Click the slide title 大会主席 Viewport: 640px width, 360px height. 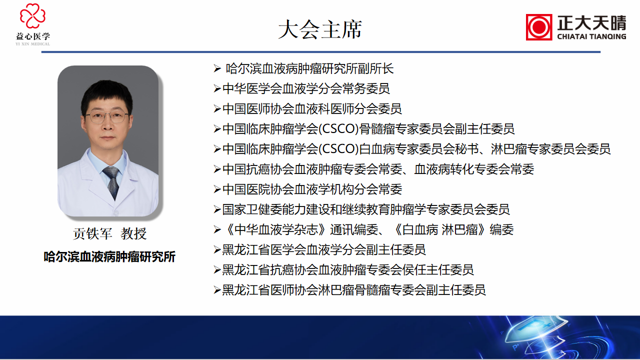point(320,29)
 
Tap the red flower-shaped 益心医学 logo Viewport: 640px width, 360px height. point(33,16)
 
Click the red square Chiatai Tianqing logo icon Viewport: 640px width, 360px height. point(539,27)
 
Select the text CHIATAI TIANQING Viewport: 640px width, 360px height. point(591,36)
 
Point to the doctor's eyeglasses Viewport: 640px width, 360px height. point(107,118)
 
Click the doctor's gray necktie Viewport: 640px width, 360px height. point(112,182)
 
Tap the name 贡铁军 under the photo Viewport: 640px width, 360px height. point(93,234)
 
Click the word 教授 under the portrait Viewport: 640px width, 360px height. point(133,234)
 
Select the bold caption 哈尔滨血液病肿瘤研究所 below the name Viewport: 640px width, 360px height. point(109,257)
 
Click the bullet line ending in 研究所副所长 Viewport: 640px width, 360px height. point(309,69)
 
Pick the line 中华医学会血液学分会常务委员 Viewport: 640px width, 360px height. point(306,89)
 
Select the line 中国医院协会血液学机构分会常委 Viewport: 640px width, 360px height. point(312,189)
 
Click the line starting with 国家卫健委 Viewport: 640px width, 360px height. point(366,209)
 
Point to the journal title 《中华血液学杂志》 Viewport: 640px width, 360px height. point(276,229)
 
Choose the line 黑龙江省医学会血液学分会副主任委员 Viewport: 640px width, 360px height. point(324,249)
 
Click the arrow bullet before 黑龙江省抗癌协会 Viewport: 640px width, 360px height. point(217,270)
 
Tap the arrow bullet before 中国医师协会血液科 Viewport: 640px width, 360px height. point(217,109)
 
